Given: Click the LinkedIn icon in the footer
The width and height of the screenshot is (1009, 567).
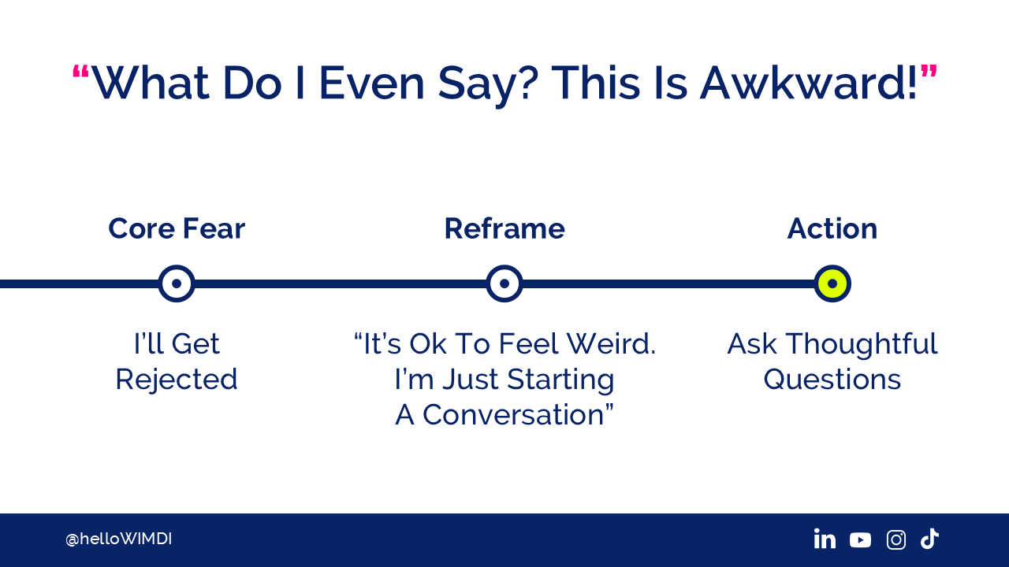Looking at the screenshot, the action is point(825,539).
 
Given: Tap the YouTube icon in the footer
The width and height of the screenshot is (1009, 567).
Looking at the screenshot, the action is point(860,539).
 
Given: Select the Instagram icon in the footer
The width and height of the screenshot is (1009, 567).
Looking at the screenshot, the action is point(896,539).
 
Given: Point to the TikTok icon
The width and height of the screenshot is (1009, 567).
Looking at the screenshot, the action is point(929,539).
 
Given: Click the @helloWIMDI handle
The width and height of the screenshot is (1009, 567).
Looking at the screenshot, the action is point(118,539).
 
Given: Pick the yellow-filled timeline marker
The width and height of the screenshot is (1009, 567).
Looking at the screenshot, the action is point(832,283).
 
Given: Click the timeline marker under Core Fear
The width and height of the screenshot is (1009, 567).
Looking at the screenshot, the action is point(177,283).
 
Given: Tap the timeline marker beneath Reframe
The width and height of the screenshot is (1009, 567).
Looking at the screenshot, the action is point(504,283).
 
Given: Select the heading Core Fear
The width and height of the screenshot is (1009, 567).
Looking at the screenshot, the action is point(177,228).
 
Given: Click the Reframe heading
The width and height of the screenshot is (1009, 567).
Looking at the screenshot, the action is point(504,228).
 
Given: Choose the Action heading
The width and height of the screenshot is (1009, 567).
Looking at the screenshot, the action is point(832,228).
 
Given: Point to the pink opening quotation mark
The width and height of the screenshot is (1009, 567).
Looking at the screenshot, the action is point(81,72).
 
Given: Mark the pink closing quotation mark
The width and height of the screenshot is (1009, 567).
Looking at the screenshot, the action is point(929,72).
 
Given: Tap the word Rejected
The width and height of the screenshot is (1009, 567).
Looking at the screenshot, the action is point(177,380).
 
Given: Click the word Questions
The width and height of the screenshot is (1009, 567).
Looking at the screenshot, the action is point(832,380).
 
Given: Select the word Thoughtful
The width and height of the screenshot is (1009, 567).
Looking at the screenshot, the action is point(862,345).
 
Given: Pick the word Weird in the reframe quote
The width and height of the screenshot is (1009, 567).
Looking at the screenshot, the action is point(611,344).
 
